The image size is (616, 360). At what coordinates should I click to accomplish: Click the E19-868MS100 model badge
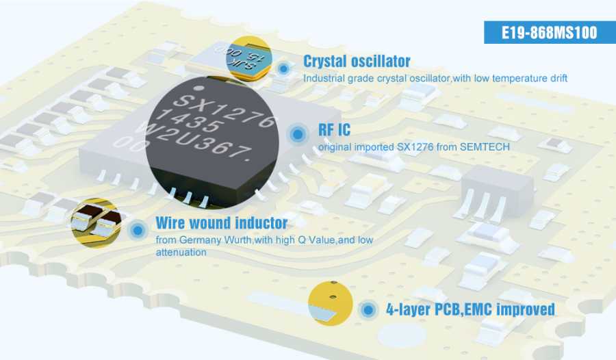[x=550, y=32]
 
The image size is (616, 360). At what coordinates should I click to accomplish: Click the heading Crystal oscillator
[x=357, y=62]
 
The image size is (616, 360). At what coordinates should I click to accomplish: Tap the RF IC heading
[x=334, y=129]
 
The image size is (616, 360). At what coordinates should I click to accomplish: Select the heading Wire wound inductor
[x=222, y=223]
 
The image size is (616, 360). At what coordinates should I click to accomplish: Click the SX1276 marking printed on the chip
[x=224, y=112]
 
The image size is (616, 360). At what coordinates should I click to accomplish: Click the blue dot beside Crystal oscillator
[x=283, y=68]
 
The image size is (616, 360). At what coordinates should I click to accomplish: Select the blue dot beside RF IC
[x=298, y=134]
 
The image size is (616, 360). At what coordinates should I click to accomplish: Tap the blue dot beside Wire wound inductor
[x=138, y=230]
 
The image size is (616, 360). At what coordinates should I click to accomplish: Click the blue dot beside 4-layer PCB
[x=368, y=310]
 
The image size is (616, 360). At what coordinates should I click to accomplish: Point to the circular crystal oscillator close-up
[x=248, y=59]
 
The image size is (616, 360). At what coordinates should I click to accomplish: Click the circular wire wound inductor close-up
[x=97, y=223]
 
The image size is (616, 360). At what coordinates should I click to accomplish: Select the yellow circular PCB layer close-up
[x=331, y=303]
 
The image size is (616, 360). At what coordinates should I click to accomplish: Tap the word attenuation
[x=181, y=253]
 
